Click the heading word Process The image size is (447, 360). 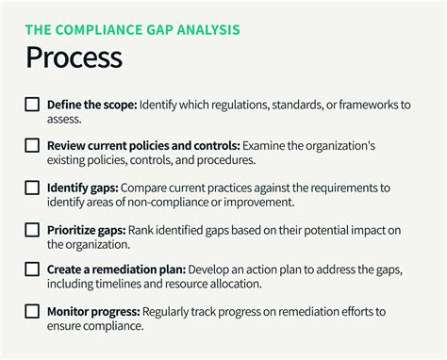coord(74,57)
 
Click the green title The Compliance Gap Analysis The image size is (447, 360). coord(132,29)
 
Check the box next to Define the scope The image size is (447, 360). coord(32,105)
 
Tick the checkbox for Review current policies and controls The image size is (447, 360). coord(32,146)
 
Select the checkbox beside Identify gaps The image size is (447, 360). coord(32,188)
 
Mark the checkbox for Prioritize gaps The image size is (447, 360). coord(32,229)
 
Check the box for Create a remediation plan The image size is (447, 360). coord(32,270)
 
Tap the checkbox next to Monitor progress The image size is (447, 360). coord(32,311)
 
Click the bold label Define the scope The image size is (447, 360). coord(91,105)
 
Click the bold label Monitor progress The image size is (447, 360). coord(92,311)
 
